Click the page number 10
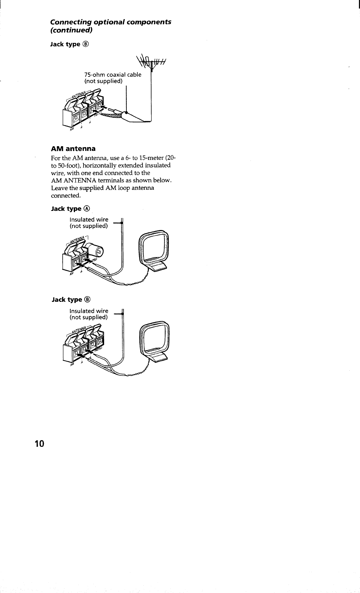[39, 443]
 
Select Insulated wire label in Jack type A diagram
[89, 220]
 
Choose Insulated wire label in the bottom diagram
[89, 311]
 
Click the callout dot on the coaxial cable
[126, 112]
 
